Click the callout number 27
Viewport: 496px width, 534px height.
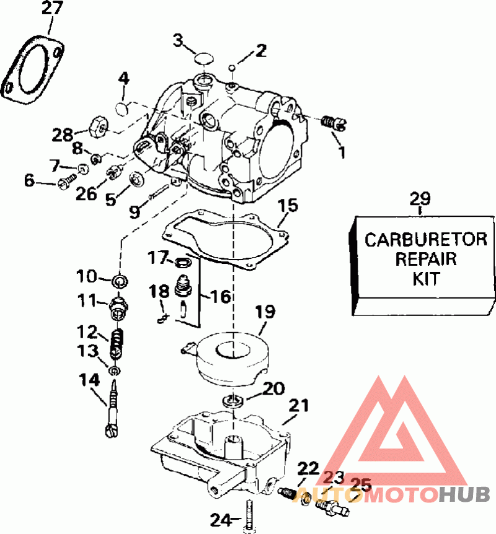[51, 9]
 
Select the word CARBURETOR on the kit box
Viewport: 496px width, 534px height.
[425, 239]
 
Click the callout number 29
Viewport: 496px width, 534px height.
[420, 199]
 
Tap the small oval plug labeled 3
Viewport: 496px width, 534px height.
[203, 58]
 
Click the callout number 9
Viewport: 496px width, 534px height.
[135, 211]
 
